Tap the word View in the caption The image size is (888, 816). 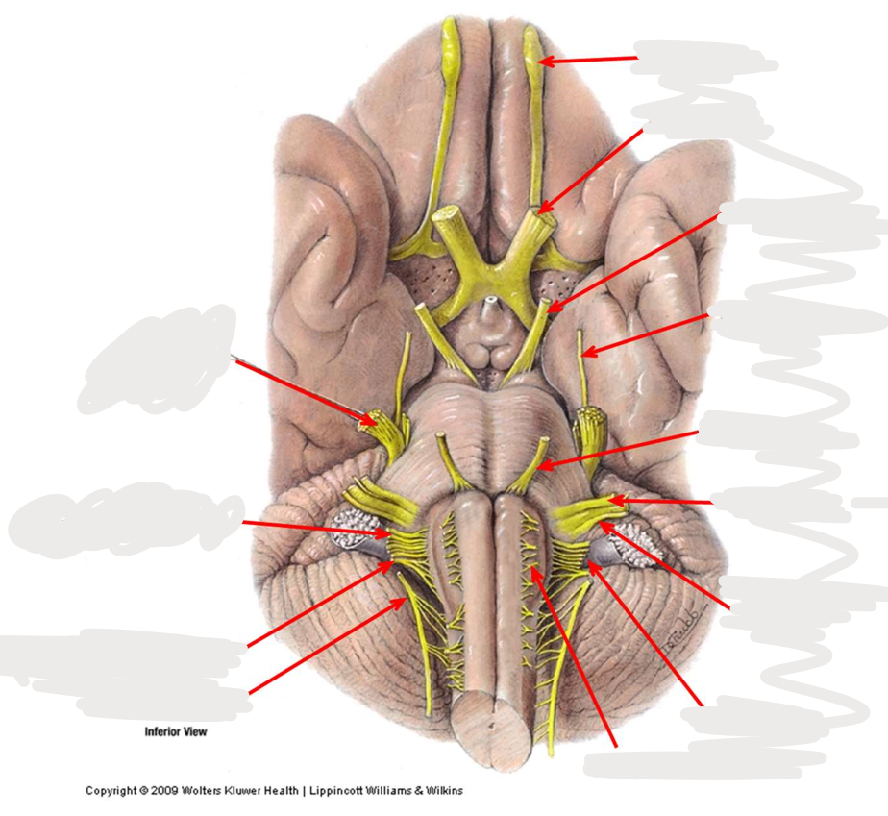click(196, 731)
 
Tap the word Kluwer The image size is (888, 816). click(242, 791)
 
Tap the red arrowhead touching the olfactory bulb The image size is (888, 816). click(545, 61)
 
